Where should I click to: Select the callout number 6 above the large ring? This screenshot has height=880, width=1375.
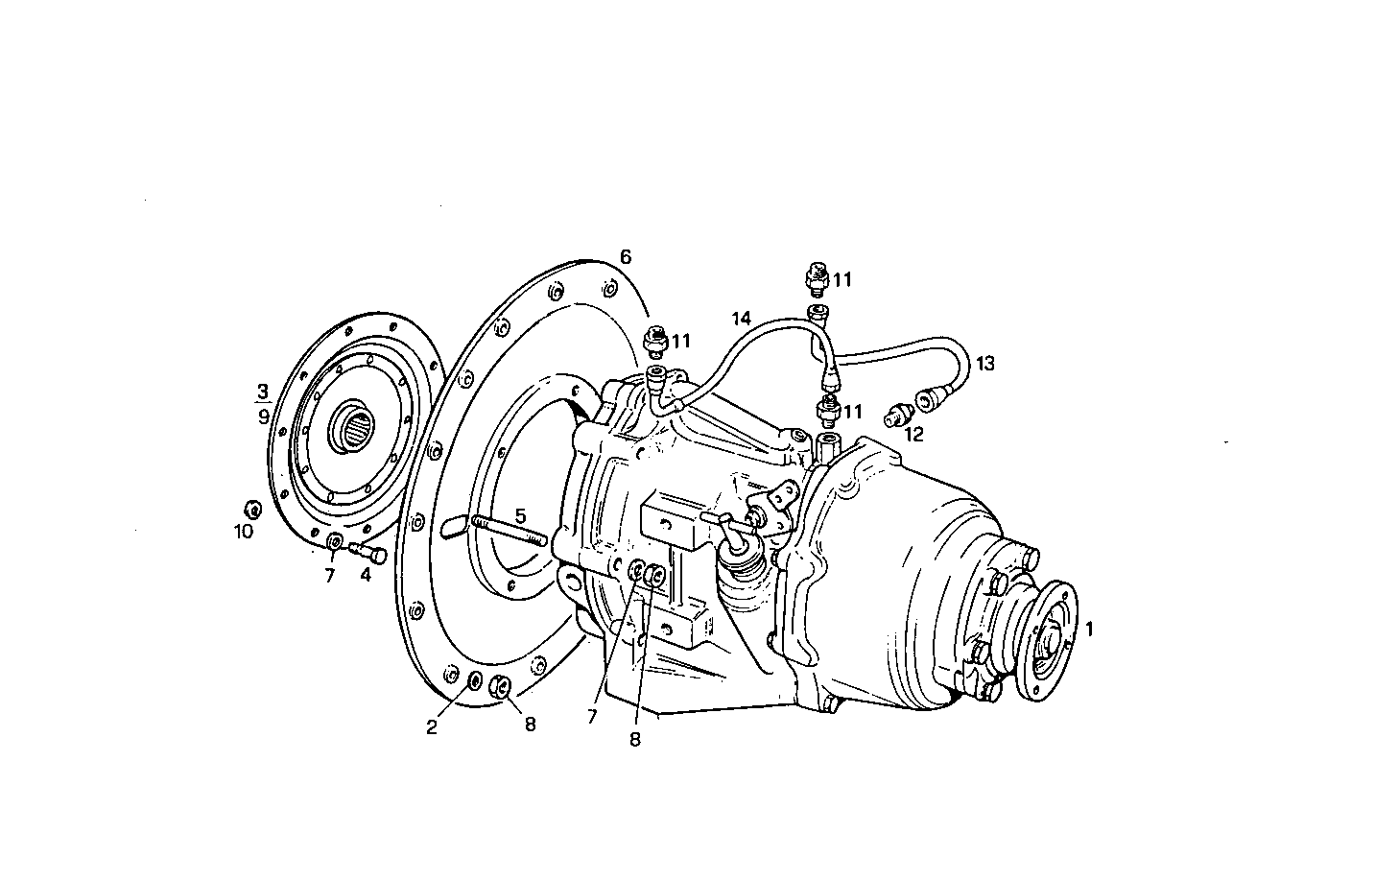pyautogui.click(x=626, y=257)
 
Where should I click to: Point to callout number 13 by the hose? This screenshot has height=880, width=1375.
pyautogui.click(x=985, y=364)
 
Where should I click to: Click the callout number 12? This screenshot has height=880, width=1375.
pyautogui.click(x=913, y=435)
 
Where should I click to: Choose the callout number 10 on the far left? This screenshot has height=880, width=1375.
pyautogui.click(x=244, y=531)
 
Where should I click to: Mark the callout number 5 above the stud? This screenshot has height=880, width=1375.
pyautogui.click(x=519, y=515)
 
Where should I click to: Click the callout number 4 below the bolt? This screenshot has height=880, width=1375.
pyautogui.click(x=366, y=575)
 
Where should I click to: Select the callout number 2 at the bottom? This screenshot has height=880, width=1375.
pyautogui.click(x=432, y=726)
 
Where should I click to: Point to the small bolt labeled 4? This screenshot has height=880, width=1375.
pyautogui.click(x=368, y=553)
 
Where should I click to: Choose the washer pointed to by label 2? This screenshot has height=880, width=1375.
pyautogui.click(x=474, y=681)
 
